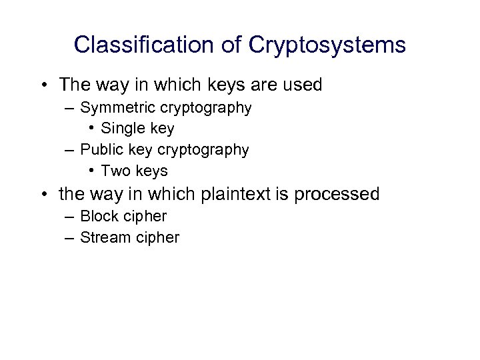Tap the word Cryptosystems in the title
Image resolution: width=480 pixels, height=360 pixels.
coord(327,45)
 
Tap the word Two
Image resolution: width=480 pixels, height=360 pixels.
coord(115,171)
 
